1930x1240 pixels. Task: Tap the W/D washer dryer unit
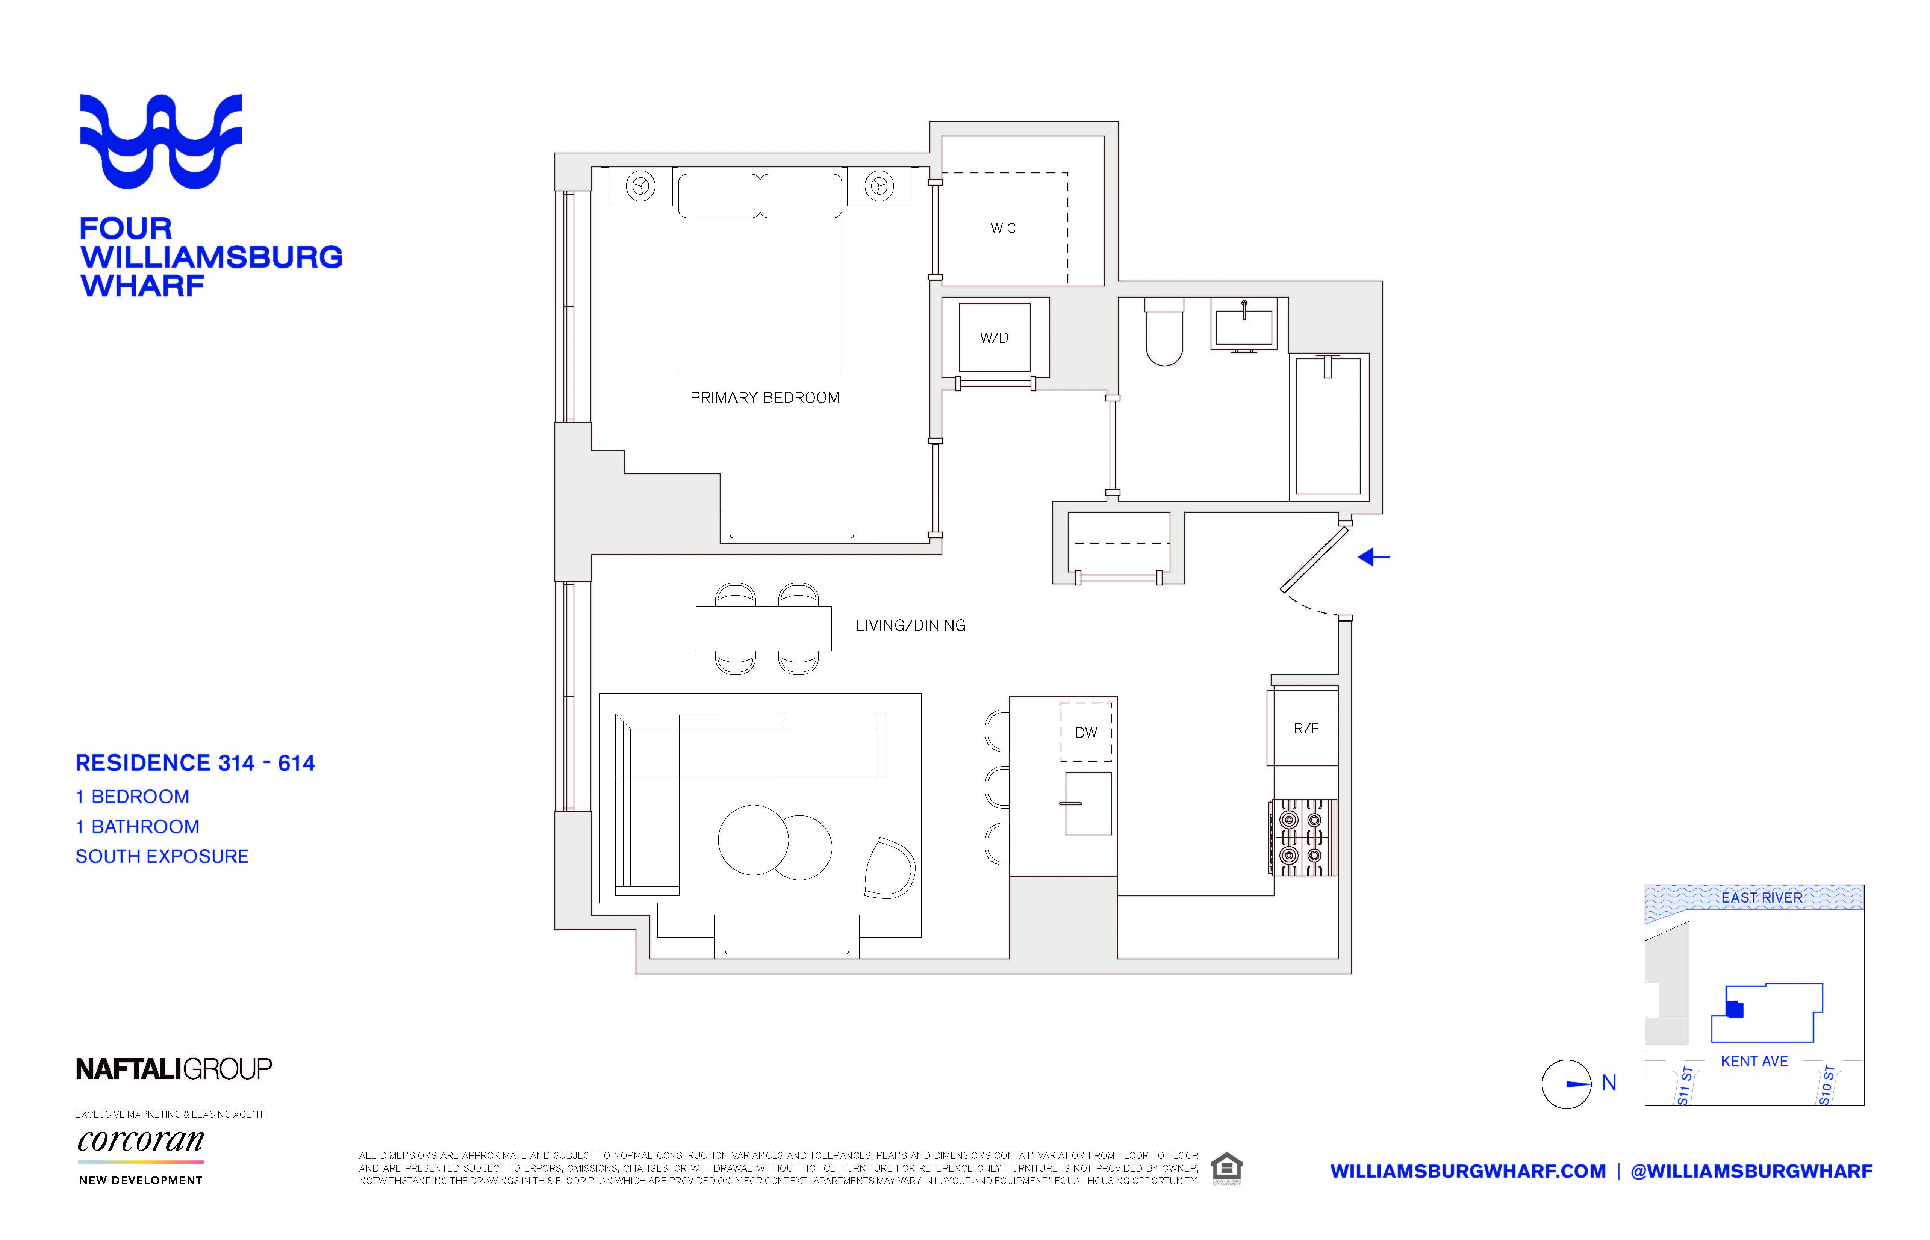995,337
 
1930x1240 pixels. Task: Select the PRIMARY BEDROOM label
764,398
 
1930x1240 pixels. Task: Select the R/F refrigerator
1305,728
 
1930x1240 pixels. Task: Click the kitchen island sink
1088,804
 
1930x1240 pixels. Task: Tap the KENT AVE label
1754,1061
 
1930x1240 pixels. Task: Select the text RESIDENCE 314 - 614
195,762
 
